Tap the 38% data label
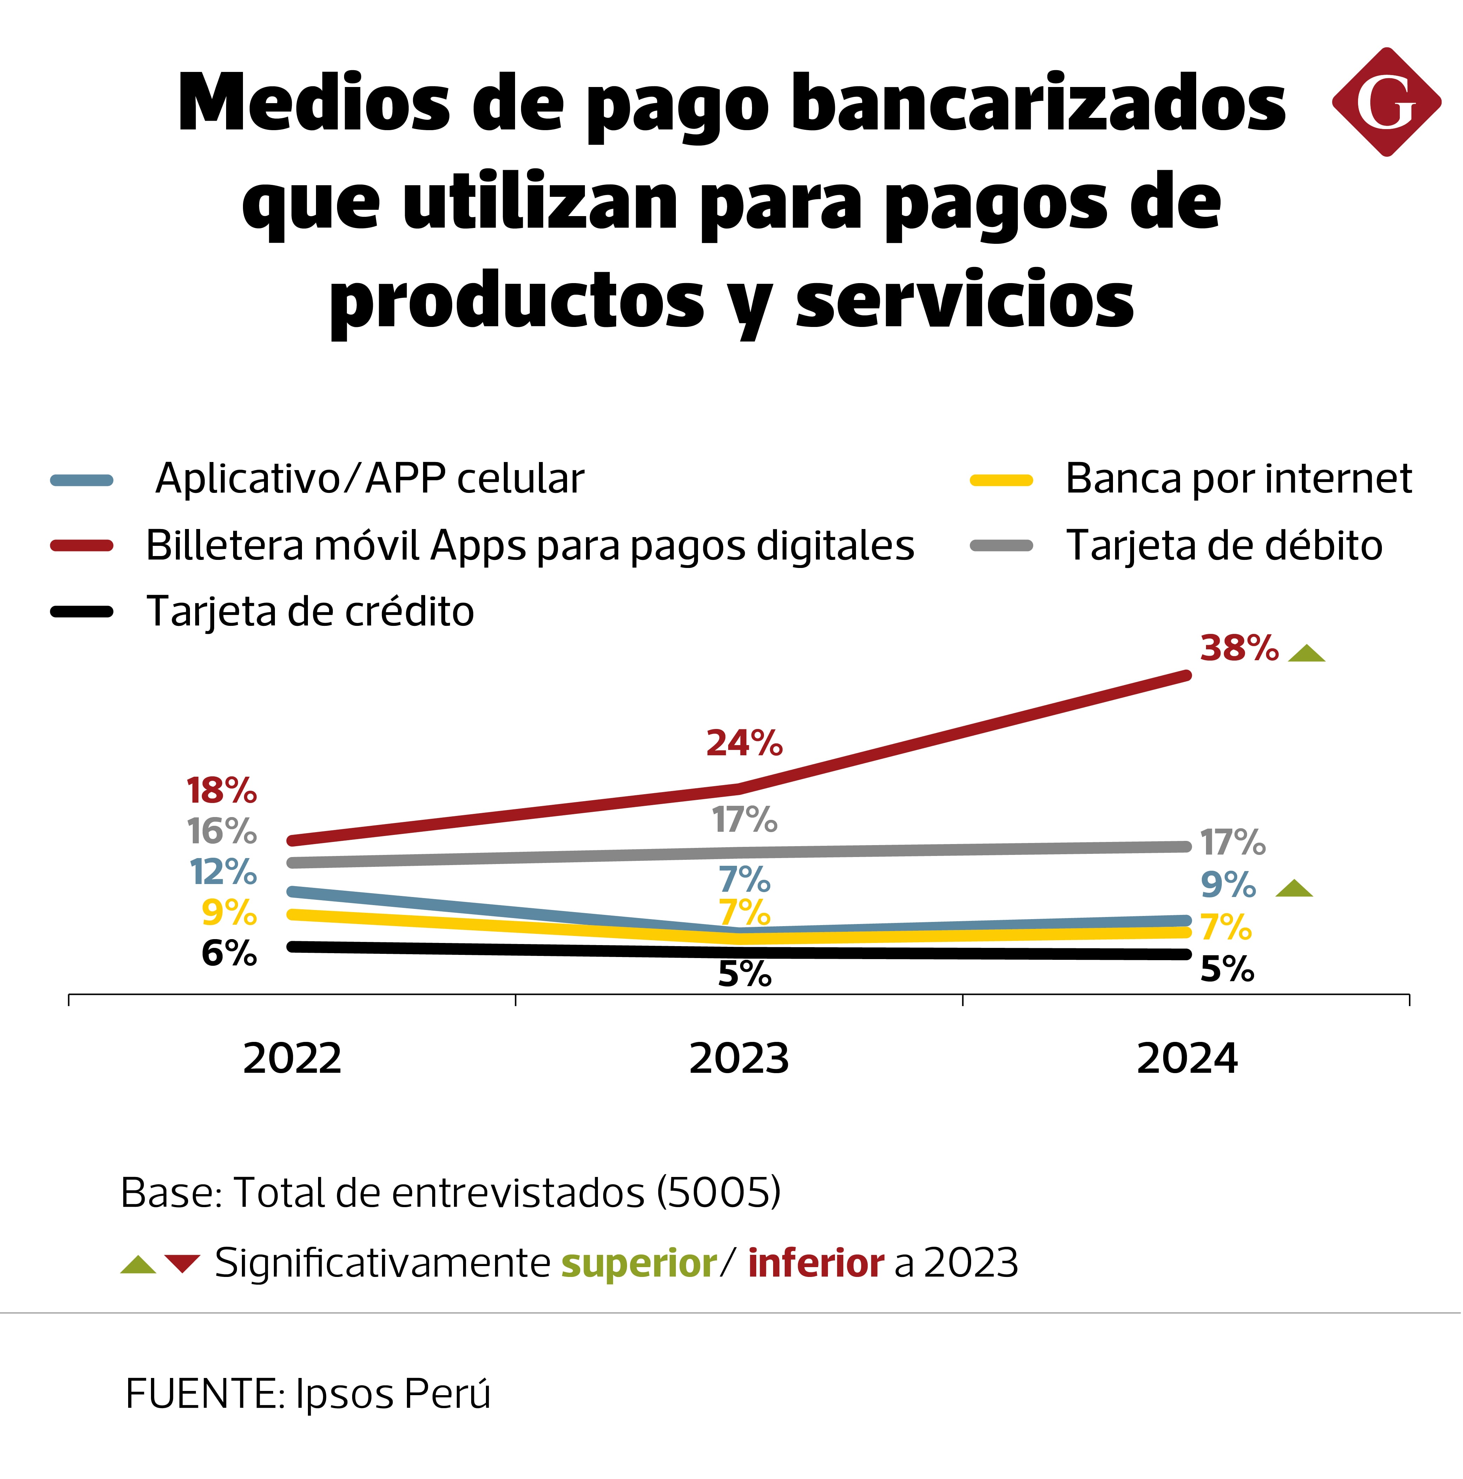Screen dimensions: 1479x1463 tap(1239, 648)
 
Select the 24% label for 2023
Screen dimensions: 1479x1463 tap(744, 743)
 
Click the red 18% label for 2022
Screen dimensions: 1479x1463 tap(222, 791)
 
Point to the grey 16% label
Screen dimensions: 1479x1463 tap(222, 831)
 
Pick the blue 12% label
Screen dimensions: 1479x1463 tap(223, 872)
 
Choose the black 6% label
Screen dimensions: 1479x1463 tap(228, 953)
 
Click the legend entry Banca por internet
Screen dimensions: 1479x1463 tap(1238, 479)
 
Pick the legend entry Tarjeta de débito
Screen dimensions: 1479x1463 tap(1223, 546)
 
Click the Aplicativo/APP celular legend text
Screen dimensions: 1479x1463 tap(369, 479)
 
